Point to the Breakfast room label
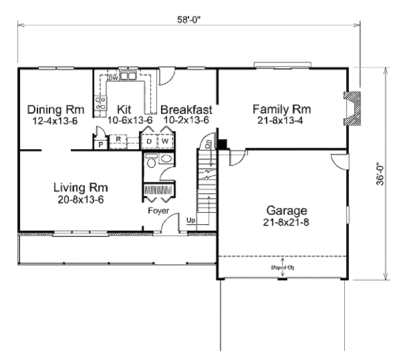(186, 109)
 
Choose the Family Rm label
(282, 108)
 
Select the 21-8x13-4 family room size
(282, 120)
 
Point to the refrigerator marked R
(117, 140)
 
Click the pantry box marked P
(100, 144)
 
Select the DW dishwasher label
(114, 78)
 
